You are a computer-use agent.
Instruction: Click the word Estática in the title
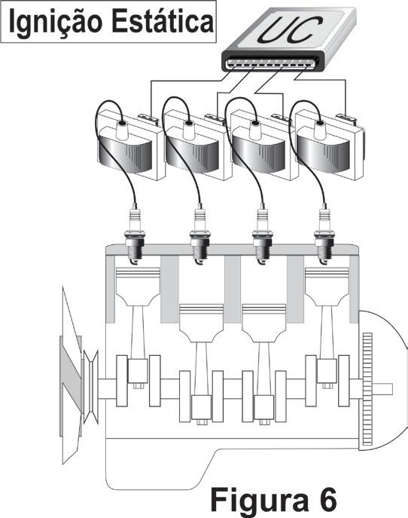point(163,22)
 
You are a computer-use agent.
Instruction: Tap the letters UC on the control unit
point(290,29)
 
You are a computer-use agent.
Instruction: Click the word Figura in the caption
point(259,499)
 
